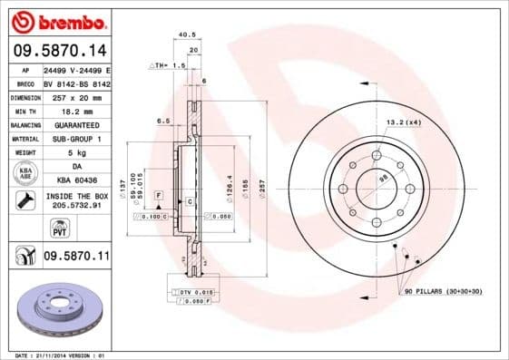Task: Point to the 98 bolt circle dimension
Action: [382, 180]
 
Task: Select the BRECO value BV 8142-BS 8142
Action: [76, 82]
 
